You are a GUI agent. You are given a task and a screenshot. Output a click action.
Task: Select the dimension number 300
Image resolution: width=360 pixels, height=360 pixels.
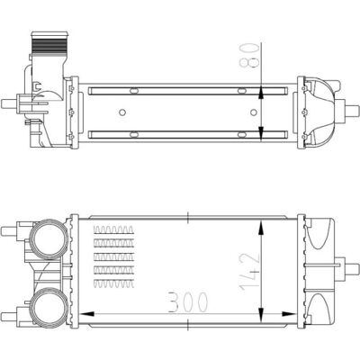pyautogui.click(x=188, y=302)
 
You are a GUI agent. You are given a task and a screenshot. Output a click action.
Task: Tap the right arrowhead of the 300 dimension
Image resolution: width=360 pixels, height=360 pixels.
pyautogui.click(x=289, y=314)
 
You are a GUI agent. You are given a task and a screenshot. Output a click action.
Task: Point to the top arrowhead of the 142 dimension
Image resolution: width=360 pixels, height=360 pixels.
pyautogui.click(x=262, y=228)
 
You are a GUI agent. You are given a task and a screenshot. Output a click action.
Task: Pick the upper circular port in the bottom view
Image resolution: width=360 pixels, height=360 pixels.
pyautogui.click(x=48, y=239)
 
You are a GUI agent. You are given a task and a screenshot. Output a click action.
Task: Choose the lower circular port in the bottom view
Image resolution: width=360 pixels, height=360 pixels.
pyautogui.click(x=48, y=307)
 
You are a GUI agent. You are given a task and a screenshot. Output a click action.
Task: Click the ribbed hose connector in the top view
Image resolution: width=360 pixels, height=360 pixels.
pyautogui.click(x=49, y=42)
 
